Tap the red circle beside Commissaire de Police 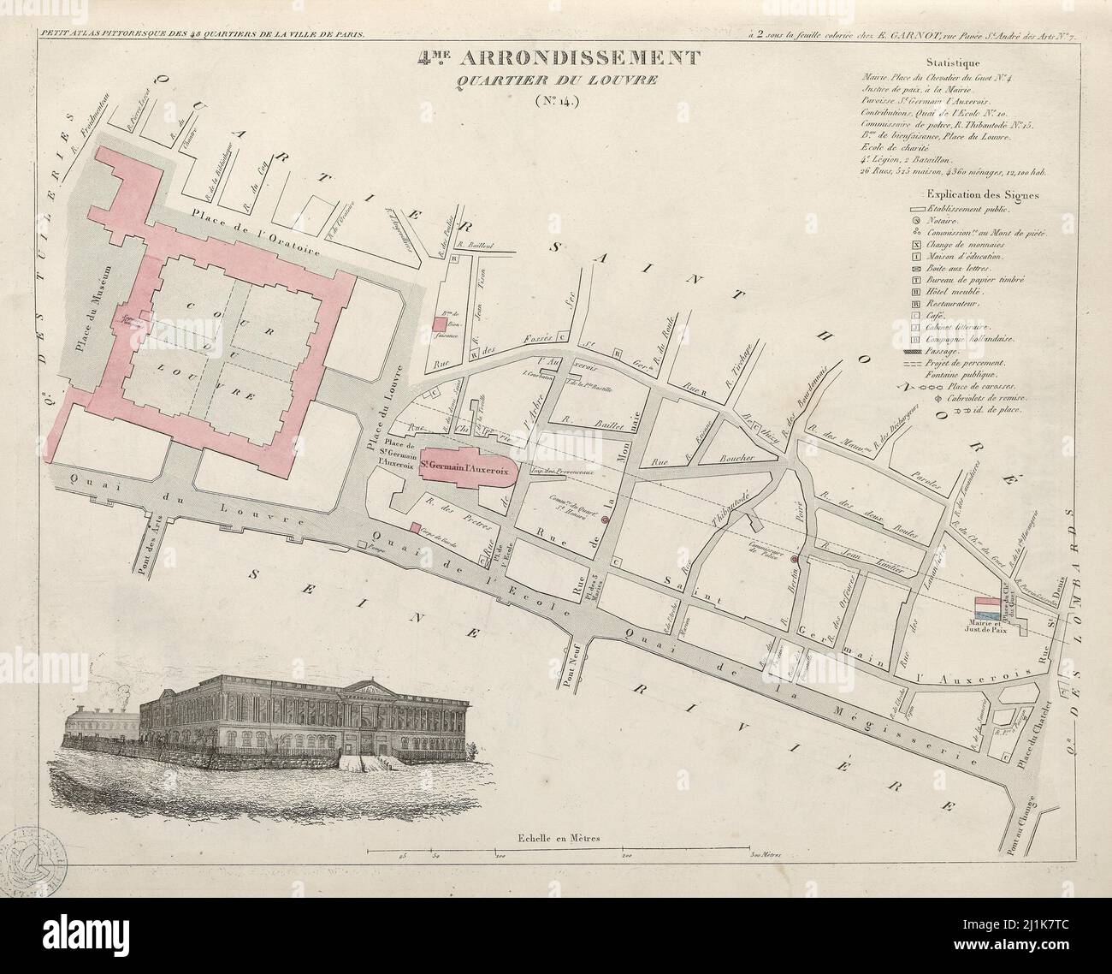point(794,559)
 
